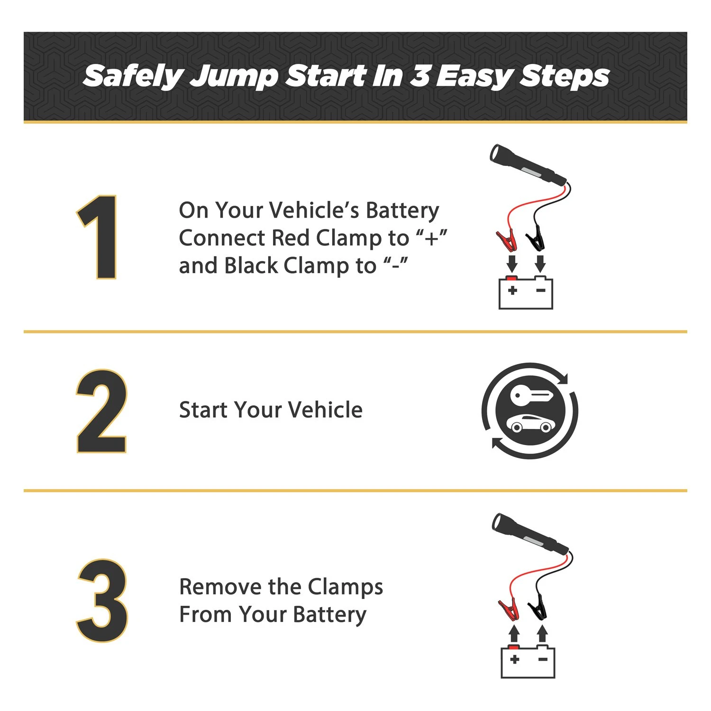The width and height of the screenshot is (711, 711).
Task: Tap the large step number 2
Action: [101, 411]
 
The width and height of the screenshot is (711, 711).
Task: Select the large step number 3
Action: [102, 601]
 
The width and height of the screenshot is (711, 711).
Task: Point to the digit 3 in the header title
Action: [419, 76]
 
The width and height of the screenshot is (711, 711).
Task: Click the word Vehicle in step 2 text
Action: [326, 410]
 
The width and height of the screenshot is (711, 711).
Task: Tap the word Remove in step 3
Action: [220, 587]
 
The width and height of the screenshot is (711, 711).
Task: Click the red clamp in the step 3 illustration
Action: [509, 609]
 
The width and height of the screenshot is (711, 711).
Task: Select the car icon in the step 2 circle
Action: [530, 423]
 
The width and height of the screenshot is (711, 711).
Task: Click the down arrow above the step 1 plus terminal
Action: [512, 264]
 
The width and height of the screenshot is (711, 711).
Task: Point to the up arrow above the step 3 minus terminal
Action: [543, 634]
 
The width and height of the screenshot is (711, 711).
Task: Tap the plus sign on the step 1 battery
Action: [512, 290]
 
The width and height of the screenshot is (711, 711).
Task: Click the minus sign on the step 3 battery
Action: [543, 659]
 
